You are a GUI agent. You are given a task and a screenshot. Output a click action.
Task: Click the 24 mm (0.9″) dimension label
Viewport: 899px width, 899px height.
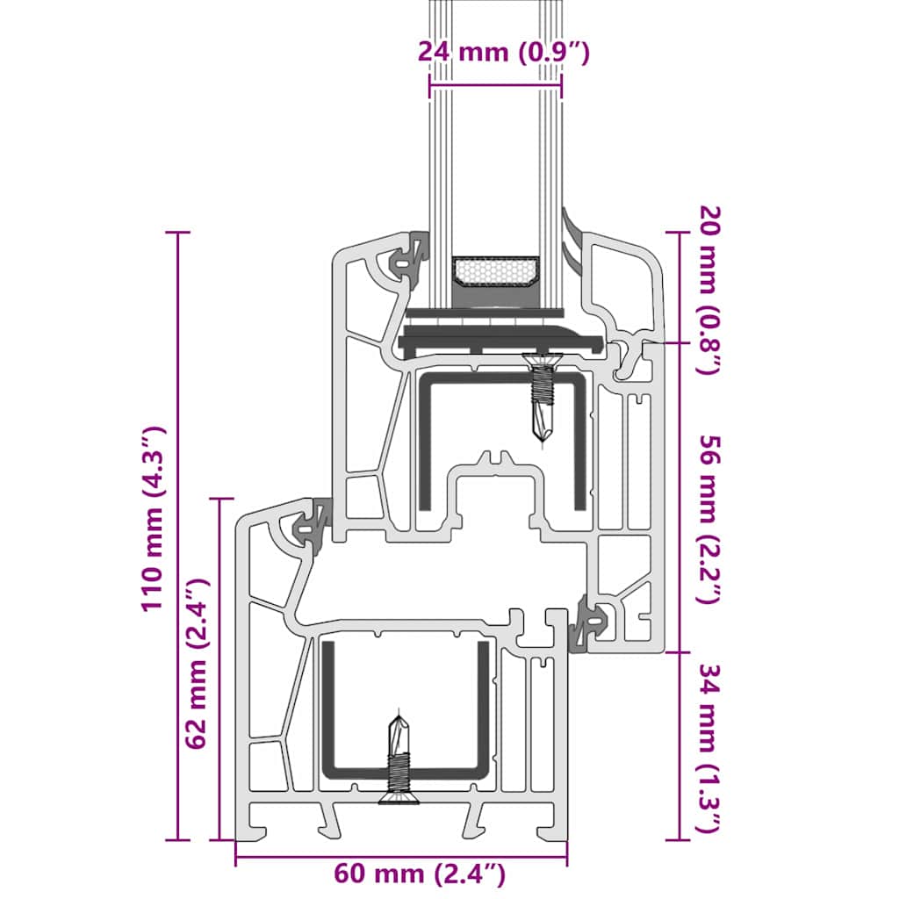pyautogui.click(x=503, y=52)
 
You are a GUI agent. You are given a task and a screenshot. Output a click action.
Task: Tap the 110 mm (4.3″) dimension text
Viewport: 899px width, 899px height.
pyautogui.click(x=152, y=519)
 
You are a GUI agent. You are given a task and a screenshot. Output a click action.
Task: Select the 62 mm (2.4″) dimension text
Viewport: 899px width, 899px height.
pyautogui.click(x=198, y=663)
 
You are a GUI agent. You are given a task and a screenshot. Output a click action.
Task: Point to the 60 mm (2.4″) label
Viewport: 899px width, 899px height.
pyautogui.click(x=420, y=874)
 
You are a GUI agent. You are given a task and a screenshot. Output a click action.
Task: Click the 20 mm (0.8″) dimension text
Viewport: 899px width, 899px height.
pyautogui.click(x=708, y=290)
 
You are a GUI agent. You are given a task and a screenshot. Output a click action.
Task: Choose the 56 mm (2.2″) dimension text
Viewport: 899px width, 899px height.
pyautogui.click(x=708, y=518)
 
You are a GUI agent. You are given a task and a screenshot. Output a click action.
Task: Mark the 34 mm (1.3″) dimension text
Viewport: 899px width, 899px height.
pyautogui.click(x=708, y=748)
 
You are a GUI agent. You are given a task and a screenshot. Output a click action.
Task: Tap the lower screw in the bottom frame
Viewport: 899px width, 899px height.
pyautogui.click(x=399, y=759)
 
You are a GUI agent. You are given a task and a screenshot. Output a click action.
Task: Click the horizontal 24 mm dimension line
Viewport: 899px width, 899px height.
pyautogui.click(x=495, y=86)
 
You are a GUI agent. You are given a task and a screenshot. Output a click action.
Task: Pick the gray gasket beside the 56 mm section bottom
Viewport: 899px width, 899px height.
pyautogui.click(x=586, y=625)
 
